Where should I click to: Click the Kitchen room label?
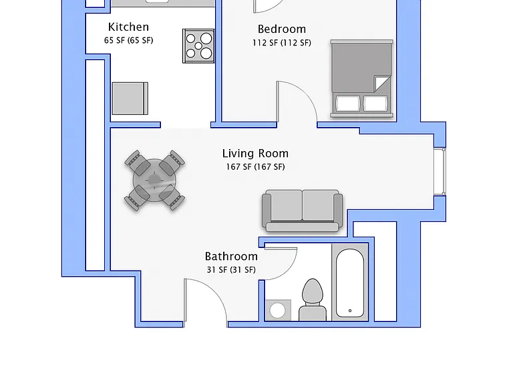click(128, 27)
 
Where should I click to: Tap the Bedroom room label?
click(282, 29)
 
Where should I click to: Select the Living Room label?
click(255, 153)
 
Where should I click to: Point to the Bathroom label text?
click(231, 257)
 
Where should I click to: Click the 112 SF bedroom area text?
click(282, 43)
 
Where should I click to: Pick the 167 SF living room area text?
click(255, 167)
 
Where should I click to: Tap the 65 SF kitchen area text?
click(128, 40)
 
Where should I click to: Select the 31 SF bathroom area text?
click(231, 270)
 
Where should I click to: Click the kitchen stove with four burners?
click(198, 46)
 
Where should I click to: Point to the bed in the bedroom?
click(362, 79)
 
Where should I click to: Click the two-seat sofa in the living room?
click(303, 211)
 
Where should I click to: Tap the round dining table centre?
click(154, 180)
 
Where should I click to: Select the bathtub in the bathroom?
click(350, 283)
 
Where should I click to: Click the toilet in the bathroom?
click(313, 300)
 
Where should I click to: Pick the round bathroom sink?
click(277, 310)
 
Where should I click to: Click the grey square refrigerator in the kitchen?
click(130, 98)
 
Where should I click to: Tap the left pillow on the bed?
click(348, 103)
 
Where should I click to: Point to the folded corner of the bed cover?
click(381, 83)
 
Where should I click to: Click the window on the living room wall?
click(440, 172)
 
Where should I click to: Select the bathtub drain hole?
click(350, 311)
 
